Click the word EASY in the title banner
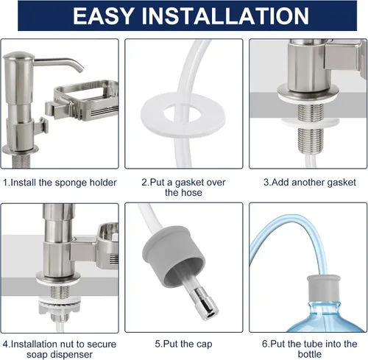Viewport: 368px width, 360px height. [x=103, y=15]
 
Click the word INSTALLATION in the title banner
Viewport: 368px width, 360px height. [x=225, y=15]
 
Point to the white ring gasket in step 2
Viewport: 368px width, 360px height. [x=183, y=122]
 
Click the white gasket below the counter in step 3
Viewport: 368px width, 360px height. [x=311, y=122]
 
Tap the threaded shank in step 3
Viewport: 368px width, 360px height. [x=311, y=129]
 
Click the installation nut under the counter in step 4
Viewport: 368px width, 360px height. [x=59, y=306]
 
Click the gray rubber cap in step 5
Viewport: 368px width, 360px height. [x=174, y=256]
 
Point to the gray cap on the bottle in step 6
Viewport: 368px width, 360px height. [x=324, y=289]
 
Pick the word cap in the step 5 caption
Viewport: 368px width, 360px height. [x=204, y=345]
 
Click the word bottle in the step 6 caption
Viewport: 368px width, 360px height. [x=310, y=354]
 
